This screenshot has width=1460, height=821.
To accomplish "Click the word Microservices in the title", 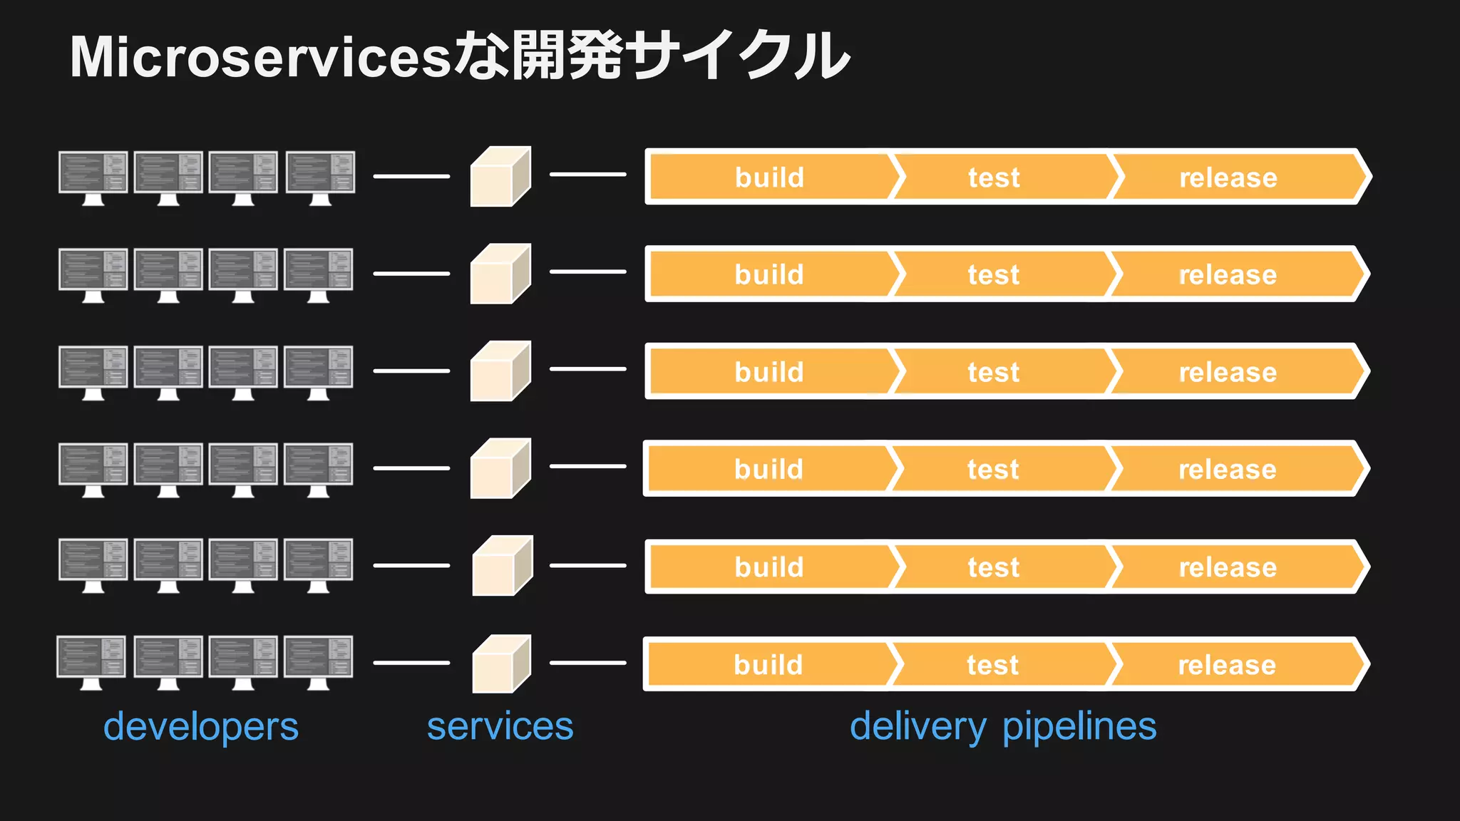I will (260, 57).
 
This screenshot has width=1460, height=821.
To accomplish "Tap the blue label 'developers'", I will (201, 727).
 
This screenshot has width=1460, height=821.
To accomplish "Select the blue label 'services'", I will (500, 727).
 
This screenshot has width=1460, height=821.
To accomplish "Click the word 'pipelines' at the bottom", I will (1079, 727).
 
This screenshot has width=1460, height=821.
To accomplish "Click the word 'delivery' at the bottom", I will (918, 727).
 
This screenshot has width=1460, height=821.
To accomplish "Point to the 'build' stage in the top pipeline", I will (769, 177).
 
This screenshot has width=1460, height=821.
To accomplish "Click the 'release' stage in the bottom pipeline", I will (1227, 665).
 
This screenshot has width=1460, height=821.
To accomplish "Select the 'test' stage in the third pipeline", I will (993, 372).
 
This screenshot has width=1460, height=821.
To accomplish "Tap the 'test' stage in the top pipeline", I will (994, 177).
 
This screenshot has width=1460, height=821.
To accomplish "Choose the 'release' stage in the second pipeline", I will (1228, 275).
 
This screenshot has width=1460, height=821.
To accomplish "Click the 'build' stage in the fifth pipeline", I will (769, 567).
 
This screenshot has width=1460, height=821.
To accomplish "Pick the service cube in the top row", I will (500, 177).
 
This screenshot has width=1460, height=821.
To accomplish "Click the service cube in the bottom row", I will (501, 664).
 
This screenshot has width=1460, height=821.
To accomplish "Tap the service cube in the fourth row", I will (500, 468).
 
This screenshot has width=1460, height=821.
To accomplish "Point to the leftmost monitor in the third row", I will (93, 370).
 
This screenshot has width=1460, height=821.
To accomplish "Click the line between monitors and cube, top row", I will (411, 176).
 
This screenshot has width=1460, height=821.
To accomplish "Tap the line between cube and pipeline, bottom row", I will (587, 663).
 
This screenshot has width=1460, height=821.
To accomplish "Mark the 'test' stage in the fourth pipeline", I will (993, 470).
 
